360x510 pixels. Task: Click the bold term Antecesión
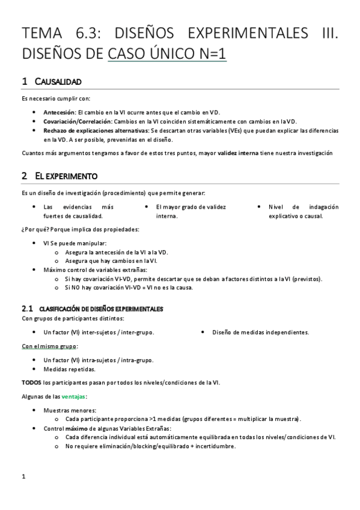click(x=59, y=112)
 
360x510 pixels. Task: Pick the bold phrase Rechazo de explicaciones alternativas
click(x=96, y=130)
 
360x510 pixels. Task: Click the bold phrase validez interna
click(x=239, y=153)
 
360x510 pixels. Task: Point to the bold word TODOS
click(x=31, y=382)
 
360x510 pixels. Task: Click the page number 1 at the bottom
click(x=23, y=478)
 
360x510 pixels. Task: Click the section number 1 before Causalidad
click(x=24, y=81)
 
